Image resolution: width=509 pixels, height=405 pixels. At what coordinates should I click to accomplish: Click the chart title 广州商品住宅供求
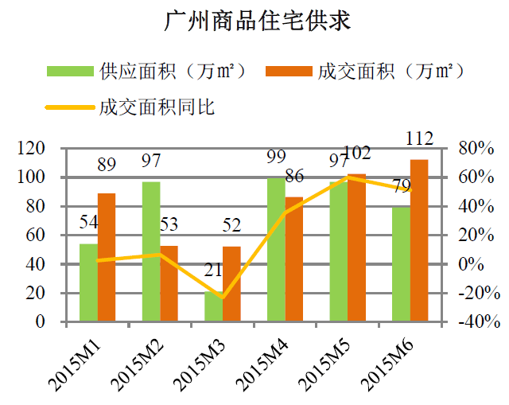click(x=257, y=21)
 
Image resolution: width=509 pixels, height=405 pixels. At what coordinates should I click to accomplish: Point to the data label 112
click(x=419, y=139)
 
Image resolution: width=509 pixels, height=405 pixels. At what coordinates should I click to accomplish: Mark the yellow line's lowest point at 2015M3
click(x=222, y=298)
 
